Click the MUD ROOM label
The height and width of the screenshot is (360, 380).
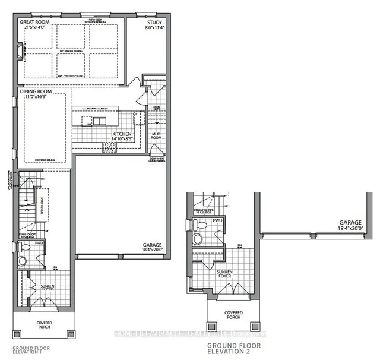(157, 134)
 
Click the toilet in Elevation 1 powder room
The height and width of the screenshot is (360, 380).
(23, 261)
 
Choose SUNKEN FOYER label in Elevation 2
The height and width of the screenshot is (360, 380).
(224, 274)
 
